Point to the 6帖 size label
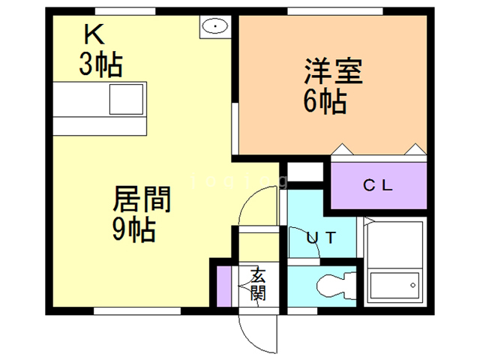325,100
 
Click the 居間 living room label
142,200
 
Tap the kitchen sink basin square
126,99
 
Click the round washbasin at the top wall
215,26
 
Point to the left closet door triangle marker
341,148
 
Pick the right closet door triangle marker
412,148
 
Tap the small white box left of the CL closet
304,171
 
